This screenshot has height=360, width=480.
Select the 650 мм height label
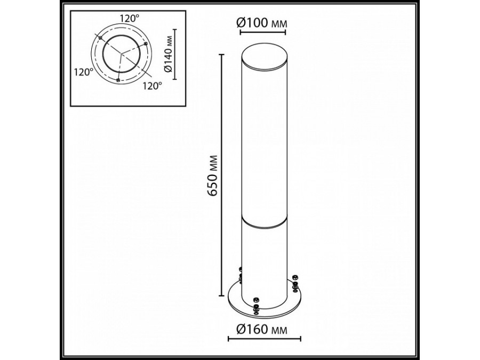tap(212, 176)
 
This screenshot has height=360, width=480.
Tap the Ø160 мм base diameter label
tap(265, 329)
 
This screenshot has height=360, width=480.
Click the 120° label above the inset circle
tap(129, 18)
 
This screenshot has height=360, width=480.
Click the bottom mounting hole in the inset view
tap(118, 79)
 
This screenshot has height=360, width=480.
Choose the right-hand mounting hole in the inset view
tap(146, 43)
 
